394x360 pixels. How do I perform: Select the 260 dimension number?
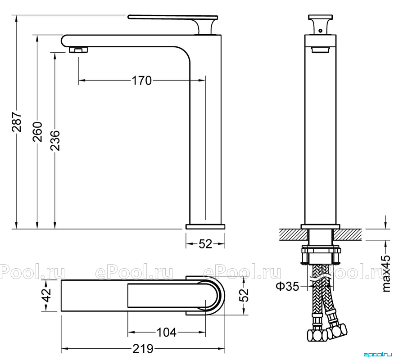point(38,132)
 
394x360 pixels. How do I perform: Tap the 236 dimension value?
point(55,140)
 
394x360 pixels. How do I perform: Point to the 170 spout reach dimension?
point(142,81)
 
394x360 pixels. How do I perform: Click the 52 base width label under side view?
point(205,244)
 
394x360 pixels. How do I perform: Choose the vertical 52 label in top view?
point(244,295)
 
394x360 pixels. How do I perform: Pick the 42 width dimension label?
point(46,295)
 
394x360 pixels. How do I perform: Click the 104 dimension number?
point(167,333)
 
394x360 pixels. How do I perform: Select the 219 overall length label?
point(143,349)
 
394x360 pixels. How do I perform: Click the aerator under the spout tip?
point(79,49)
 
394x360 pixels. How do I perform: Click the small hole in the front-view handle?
point(320,31)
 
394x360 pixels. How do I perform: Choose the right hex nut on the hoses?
point(337,331)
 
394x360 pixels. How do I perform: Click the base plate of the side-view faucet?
point(205,227)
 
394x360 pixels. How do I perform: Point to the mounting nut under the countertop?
point(321,255)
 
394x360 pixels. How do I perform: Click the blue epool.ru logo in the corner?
point(378,355)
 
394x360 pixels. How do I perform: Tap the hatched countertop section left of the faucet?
point(293,234)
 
